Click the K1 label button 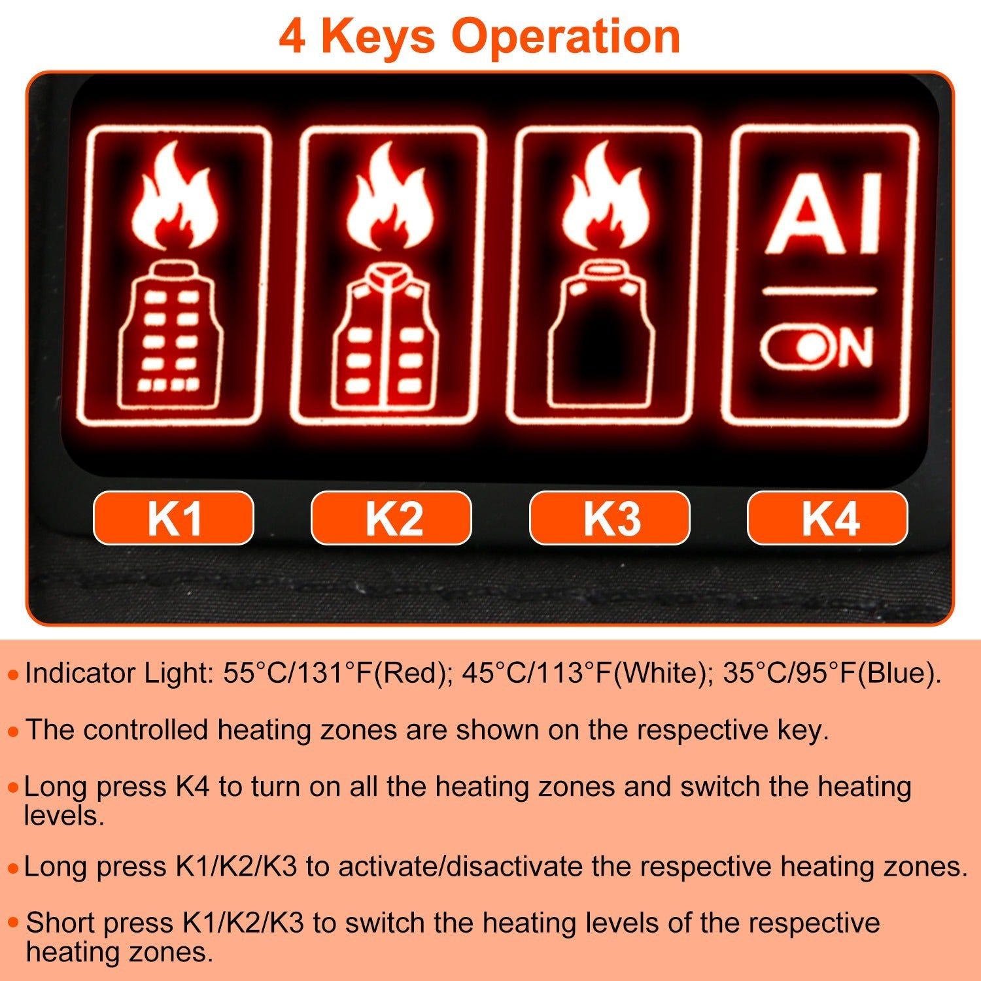(173, 518)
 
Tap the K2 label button (391, 518)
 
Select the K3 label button (610, 518)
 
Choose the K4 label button (827, 518)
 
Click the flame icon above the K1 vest (173, 196)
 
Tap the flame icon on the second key (390, 196)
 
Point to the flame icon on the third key (606, 196)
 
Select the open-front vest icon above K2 (387, 337)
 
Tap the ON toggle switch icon (816, 347)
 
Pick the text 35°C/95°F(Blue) (832, 673)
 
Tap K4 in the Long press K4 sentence (192, 787)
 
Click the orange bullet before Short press (13, 923)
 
